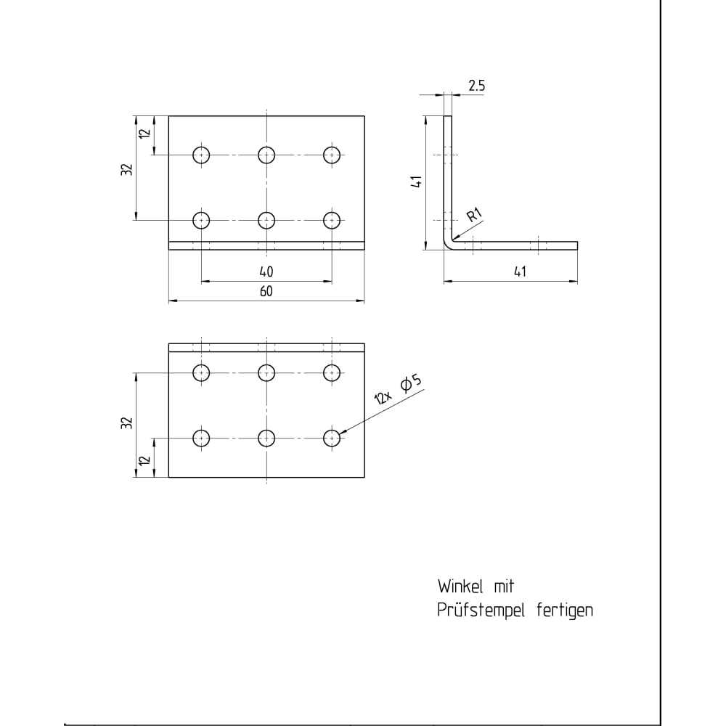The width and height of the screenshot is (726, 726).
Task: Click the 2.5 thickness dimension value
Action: pyautogui.click(x=476, y=86)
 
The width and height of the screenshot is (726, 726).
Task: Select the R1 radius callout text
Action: pyautogui.click(x=475, y=215)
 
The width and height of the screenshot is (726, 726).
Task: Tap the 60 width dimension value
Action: pyautogui.click(x=266, y=291)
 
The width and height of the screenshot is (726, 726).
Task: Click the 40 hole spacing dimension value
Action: pyautogui.click(x=266, y=272)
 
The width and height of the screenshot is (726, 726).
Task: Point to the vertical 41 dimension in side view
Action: pyautogui.click(x=417, y=181)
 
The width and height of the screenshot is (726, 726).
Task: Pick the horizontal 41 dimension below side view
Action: pyautogui.click(x=520, y=272)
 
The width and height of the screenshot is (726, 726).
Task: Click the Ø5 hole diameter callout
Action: pyautogui.click(x=411, y=384)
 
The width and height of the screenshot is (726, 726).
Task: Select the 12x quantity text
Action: pyautogui.click(x=383, y=397)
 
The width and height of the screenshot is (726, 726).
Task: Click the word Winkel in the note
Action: pyautogui.click(x=461, y=587)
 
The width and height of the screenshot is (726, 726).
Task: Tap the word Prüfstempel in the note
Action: pyautogui.click(x=481, y=611)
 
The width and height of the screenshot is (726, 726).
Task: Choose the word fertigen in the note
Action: pyautogui.click(x=565, y=611)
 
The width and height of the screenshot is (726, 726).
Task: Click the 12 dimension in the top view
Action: pyautogui.click(x=145, y=133)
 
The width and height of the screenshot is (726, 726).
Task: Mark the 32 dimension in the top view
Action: pyautogui.click(x=127, y=169)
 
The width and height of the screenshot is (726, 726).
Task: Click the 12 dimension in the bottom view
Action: pyautogui.click(x=145, y=460)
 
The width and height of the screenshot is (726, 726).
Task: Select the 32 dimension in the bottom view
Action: pyautogui.click(x=127, y=423)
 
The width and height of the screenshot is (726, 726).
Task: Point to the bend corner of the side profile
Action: pyautogui.click(x=446, y=246)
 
